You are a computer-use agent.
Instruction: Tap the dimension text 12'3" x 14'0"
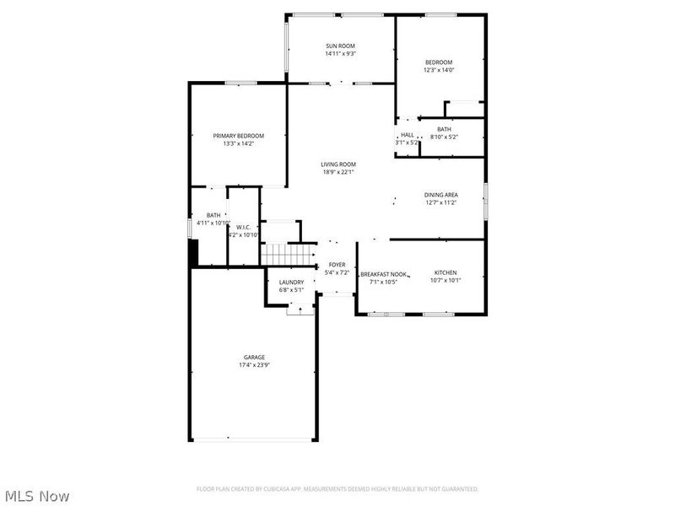pos(439,71)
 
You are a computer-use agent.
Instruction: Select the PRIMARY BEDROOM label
pos(238,136)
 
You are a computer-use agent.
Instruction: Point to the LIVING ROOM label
pos(337,164)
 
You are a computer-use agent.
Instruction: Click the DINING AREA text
pos(440,195)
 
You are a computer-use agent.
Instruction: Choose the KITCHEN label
pos(445,272)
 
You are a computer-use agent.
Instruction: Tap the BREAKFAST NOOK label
pos(383,274)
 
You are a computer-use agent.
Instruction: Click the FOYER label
pos(337,265)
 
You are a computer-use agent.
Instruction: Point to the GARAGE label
pos(255,357)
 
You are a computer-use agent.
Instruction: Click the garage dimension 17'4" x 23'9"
pos(255,365)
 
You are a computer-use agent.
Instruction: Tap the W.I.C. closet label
pos(242,227)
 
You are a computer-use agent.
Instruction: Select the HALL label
pos(408,135)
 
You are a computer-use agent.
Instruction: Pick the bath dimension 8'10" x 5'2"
pos(444,137)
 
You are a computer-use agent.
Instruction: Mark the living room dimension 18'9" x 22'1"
pos(337,173)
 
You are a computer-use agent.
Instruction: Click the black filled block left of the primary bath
pos(192,252)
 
